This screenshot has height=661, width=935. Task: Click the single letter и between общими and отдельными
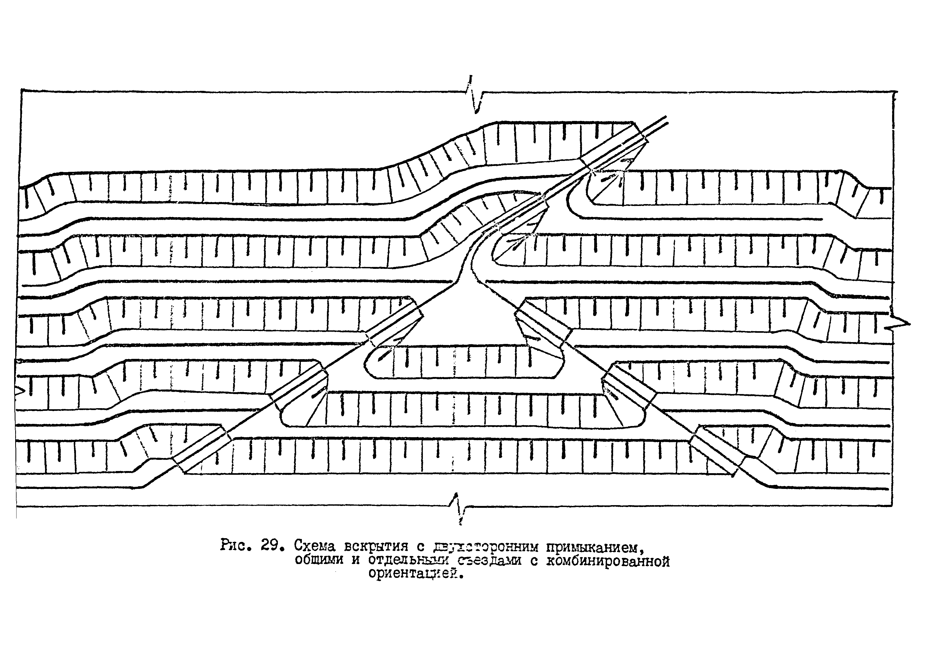[x=356, y=561]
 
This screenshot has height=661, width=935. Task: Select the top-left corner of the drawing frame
[x=21, y=90]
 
